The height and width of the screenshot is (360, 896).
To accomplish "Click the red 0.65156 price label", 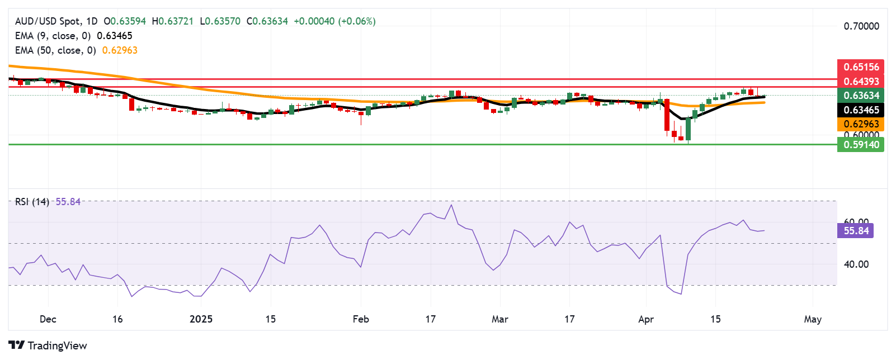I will tap(861, 67).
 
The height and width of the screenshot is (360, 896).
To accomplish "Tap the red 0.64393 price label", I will tap(861, 81).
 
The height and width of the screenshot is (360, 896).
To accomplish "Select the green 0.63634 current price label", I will tap(861, 96).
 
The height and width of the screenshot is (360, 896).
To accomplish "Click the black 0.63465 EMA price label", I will tap(861, 110).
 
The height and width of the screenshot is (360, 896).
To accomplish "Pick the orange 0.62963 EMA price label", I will tap(861, 124).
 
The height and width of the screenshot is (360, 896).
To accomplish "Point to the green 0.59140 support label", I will tap(861, 145).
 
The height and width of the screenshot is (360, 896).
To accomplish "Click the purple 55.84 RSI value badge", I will tap(856, 230).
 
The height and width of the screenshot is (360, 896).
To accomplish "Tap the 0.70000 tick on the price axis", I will tap(861, 26).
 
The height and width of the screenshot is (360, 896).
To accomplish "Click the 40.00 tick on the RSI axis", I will tap(856, 264).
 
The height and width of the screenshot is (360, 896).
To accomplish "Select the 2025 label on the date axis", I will tap(201, 319).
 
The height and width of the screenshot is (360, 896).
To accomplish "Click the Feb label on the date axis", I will tap(361, 319).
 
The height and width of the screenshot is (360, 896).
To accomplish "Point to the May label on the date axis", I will tap(812, 319).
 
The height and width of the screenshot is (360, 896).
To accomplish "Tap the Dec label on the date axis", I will tap(48, 319).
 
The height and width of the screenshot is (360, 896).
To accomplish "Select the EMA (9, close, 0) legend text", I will tap(53, 36).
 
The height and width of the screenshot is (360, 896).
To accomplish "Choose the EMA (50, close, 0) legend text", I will tap(55, 50).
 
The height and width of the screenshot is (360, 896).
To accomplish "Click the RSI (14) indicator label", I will tap(32, 202).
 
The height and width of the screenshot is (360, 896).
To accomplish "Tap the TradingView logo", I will tap(48, 345).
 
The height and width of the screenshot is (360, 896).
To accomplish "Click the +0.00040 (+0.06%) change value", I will tap(334, 21).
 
